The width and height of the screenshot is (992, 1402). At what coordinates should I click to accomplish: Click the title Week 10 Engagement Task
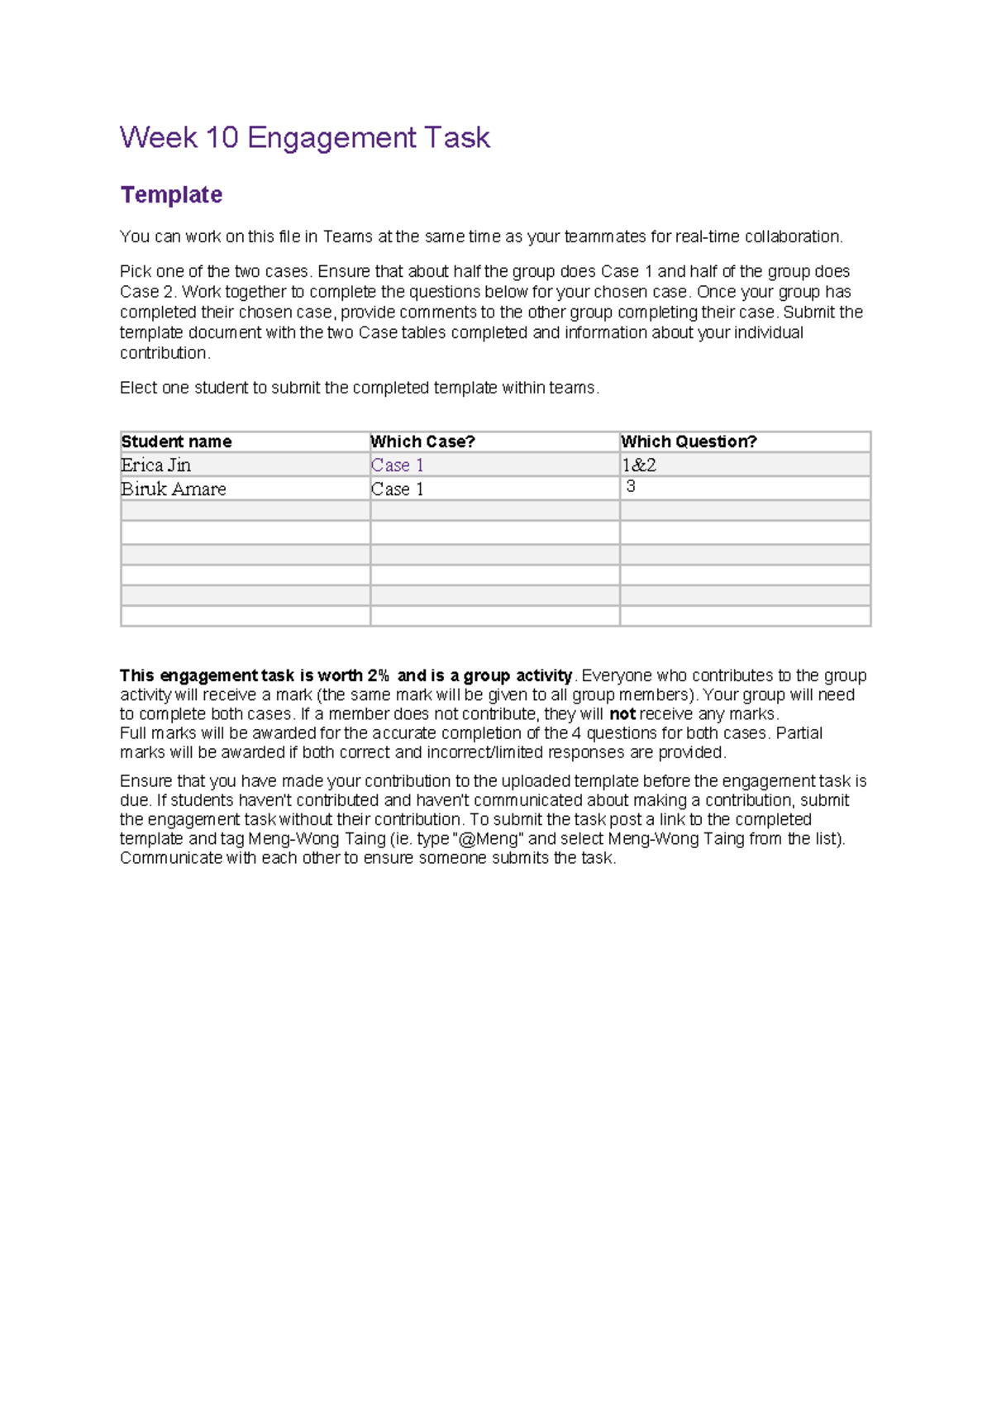click(x=304, y=137)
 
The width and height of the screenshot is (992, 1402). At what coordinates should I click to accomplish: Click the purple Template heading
click(x=171, y=195)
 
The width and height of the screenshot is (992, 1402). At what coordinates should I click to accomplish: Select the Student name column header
click(x=176, y=441)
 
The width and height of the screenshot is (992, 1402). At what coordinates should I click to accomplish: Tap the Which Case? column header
click(x=422, y=441)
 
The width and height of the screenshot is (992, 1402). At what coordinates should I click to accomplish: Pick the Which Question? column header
click(x=689, y=441)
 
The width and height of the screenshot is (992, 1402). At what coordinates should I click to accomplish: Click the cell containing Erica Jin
click(x=155, y=465)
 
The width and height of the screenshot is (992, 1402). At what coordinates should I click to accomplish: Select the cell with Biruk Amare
click(x=174, y=489)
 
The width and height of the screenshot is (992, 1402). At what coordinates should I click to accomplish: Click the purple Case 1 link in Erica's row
click(x=397, y=465)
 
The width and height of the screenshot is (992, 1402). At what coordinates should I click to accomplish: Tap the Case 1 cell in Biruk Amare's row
click(x=397, y=489)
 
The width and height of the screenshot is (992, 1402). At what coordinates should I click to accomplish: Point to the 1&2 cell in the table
click(x=639, y=465)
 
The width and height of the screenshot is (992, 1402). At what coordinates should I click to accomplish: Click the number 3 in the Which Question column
click(x=631, y=487)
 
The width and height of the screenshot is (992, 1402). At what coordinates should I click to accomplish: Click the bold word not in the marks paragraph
click(x=622, y=714)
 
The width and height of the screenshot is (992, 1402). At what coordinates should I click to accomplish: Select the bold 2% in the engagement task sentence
click(x=378, y=675)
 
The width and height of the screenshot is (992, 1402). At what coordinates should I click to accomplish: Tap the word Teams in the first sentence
click(x=347, y=237)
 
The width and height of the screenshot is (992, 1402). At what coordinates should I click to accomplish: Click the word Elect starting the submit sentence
click(x=138, y=388)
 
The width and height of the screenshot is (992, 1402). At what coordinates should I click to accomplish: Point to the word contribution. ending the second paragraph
click(x=165, y=353)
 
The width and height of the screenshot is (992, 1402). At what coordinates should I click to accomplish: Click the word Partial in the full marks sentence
click(x=799, y=733)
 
